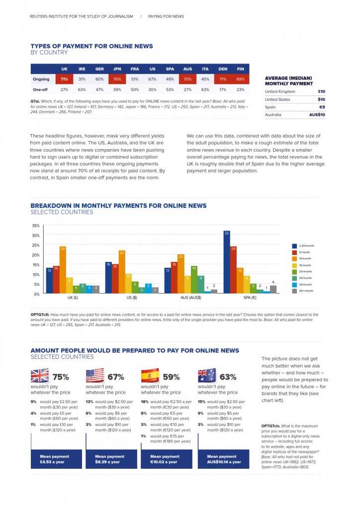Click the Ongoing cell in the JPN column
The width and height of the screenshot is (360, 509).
pos(117,79)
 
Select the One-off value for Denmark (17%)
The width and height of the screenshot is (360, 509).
pos(223,89)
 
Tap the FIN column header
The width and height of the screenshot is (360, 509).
pos(241,69)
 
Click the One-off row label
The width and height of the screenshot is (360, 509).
pos(41,89)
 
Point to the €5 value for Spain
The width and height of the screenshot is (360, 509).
pos(322,107)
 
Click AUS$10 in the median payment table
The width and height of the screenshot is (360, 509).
pos(317,115)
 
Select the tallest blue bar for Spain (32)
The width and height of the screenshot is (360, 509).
pos(227,262)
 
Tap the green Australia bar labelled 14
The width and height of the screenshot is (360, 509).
pos(194,279)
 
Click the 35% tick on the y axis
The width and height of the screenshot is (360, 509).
pos(36,226)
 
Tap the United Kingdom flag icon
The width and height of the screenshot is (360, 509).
pos(40,375)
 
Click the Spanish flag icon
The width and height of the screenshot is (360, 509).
pos(150,375)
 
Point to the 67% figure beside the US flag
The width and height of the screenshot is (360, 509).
pos(115,377)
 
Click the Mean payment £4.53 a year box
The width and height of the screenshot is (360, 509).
pos(55,459)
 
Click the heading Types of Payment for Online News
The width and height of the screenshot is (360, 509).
pos(91,46)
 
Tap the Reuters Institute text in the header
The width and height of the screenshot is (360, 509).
pos(82,16)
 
